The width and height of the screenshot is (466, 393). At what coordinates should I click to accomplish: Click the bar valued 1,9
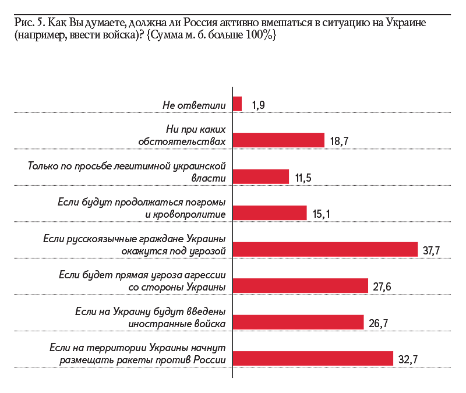[x=237, y=104]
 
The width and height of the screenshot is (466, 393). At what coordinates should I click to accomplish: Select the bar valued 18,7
[x=278, y=140]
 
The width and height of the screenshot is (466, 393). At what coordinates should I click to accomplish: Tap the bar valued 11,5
[x=261, y=177]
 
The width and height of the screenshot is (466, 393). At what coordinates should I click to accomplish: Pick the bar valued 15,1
[x=270, y=213]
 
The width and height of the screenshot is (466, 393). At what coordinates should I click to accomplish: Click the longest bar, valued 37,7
[x=325, y=249]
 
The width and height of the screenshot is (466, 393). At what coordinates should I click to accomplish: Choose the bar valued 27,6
[x=301, y=286]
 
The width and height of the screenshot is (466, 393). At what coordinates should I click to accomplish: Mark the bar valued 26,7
[x=298, y=322]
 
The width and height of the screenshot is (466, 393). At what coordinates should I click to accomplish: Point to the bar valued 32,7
[x=313, y=359]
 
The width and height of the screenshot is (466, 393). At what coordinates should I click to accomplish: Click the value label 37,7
[x=431, y=250]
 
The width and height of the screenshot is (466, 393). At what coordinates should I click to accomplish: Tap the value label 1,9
[x=259, y=105]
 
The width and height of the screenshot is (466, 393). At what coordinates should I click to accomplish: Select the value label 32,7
[x=409, y=360]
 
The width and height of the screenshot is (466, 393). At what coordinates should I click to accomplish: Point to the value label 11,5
[x=303, y=178]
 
